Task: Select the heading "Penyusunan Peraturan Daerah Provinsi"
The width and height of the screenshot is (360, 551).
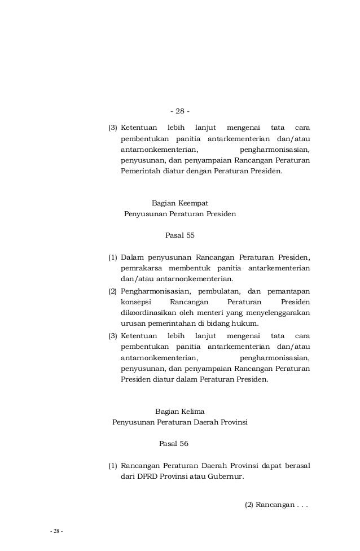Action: (x=180, y=422)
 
